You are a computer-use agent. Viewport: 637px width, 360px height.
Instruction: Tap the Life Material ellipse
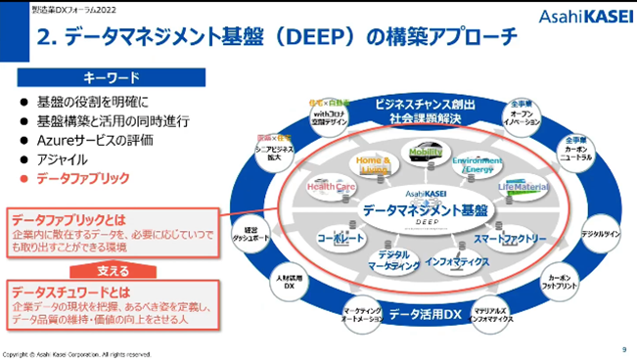point(523,186)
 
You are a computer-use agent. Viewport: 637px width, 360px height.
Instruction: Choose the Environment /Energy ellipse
point(478,164)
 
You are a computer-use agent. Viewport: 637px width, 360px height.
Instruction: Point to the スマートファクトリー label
point(509,238)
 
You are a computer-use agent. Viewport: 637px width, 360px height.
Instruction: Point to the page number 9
point(623,348)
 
